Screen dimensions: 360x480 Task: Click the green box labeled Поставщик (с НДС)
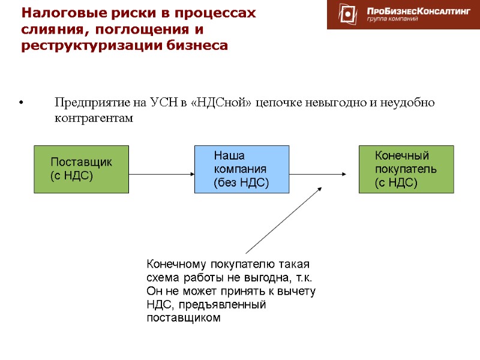81,169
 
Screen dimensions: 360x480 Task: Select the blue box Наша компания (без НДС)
241,169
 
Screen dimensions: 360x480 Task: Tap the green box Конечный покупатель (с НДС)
406,169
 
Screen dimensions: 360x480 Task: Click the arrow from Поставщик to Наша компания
161,175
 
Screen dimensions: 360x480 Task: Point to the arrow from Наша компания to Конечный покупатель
318,175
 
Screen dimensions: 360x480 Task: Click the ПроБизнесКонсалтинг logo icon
347,14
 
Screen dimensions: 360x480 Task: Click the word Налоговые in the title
58,13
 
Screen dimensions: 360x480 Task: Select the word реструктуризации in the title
83,45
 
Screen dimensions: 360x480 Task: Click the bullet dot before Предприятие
22,103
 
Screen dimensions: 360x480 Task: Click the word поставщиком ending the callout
184,318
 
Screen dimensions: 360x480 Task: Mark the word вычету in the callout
297,291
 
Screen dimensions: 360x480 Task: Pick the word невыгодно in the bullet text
323,103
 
